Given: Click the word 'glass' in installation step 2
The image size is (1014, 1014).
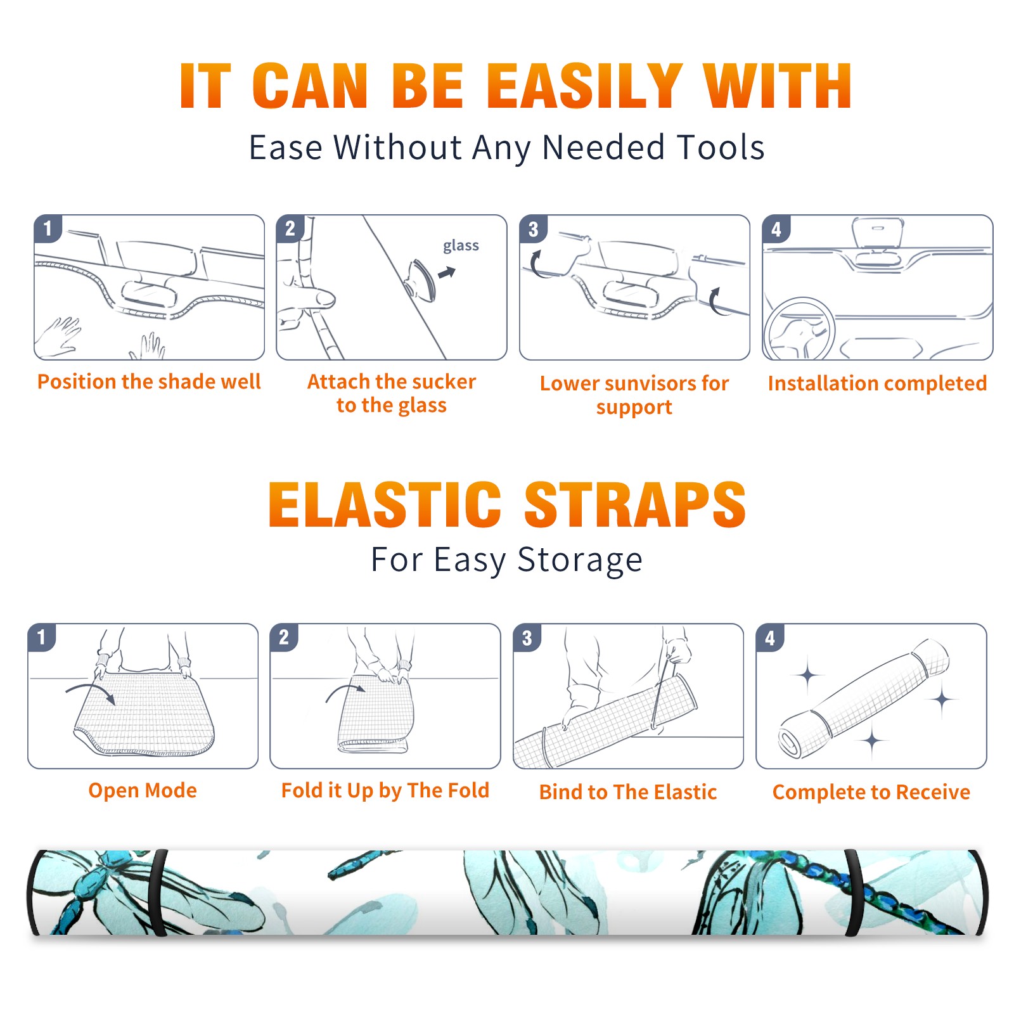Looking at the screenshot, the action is (461, 246).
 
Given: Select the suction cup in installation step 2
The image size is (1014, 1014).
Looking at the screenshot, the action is (421, 279).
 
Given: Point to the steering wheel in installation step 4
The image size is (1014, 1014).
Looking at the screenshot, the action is (799, 330).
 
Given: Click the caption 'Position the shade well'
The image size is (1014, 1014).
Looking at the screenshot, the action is (149, 382).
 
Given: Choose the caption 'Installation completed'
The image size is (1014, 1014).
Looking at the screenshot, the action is (877, 383).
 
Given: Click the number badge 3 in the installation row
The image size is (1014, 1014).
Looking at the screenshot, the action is (533, 229).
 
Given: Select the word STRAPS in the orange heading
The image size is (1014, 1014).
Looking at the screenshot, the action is (635, 504).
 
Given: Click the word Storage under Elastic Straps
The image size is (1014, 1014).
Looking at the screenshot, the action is (580, 560).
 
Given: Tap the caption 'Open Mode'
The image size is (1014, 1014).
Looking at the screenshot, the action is (143, 790).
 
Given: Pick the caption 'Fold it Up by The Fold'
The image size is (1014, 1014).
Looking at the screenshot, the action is (385, 790).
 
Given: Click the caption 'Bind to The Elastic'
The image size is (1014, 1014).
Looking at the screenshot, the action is (628, 792).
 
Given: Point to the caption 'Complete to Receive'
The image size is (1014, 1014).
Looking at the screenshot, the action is (871, 792).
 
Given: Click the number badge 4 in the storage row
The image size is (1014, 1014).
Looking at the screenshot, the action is (770, 638).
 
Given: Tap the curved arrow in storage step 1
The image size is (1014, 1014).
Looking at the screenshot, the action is (92, 691).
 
